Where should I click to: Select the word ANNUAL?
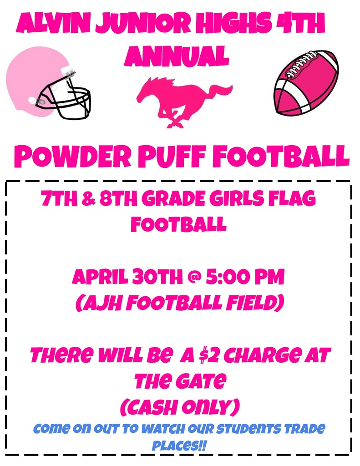(177, 56)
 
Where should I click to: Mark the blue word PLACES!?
(179, 444)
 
